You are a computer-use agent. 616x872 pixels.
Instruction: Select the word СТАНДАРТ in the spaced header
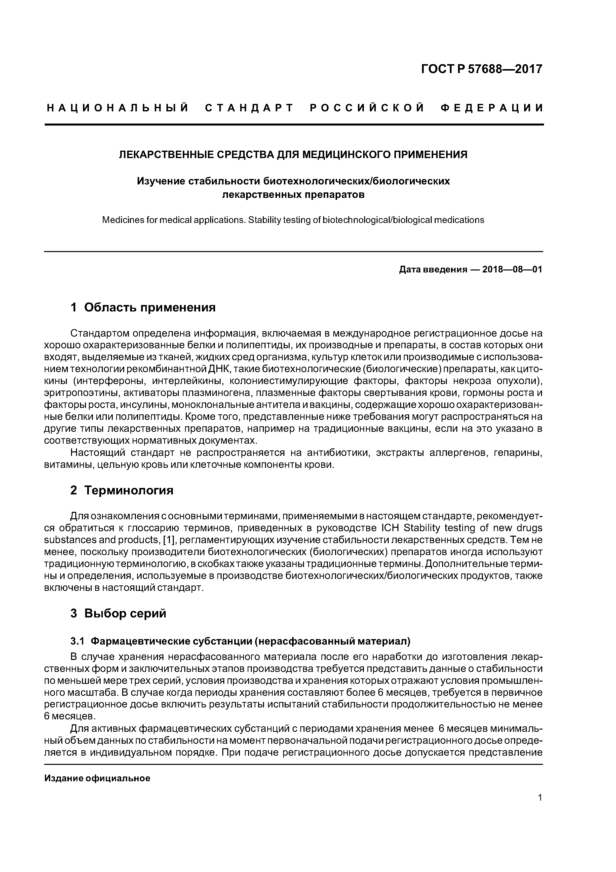tap(249, 108)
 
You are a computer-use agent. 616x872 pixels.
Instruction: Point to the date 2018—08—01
tap(512, 270)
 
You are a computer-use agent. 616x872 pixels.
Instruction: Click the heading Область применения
tap(150, 307)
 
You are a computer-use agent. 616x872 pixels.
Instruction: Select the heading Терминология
tap(129, 490)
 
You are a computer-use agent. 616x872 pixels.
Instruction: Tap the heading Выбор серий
tap(125, 613)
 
